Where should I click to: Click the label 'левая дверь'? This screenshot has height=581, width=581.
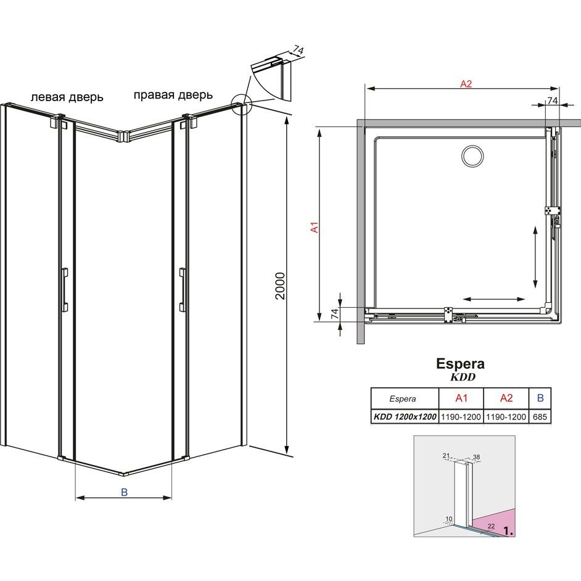coord(67,97)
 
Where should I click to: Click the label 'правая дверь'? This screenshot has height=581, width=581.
coord(173,95)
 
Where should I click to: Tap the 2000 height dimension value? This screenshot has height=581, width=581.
coord(280,286)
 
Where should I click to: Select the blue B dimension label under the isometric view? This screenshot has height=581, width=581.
coord(124,492)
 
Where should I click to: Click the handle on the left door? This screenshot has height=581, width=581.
coord(65,290)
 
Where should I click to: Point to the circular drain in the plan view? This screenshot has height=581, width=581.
coord(472,156)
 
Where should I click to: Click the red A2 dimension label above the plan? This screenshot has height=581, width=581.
coord(466,84)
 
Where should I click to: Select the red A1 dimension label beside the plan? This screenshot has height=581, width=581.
coord(315,227)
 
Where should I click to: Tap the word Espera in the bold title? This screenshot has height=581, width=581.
coord(460,363)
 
